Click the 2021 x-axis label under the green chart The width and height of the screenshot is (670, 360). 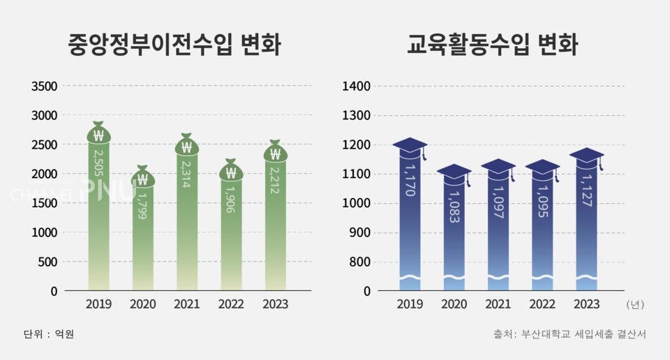click(186, 304)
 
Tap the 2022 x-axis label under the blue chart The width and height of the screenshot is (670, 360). click(542, 304)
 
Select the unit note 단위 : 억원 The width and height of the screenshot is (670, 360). click(49, 334)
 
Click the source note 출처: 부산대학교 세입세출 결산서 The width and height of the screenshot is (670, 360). click(569, 334)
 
